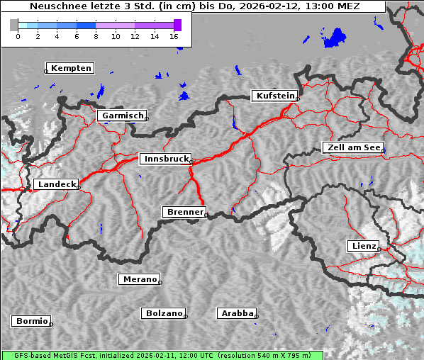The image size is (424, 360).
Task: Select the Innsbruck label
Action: (x=165, y=159)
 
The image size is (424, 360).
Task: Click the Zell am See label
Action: (x=354, y=147)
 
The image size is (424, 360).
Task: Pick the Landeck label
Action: (x=55, y=184)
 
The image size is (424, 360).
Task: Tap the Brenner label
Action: (x=186, y=212)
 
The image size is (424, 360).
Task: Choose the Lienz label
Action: (x=363, y=246)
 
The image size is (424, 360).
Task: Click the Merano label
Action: (x=140, y=279)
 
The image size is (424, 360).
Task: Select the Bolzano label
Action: (x=164, y=313)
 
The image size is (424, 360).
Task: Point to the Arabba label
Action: (x=237, y=313)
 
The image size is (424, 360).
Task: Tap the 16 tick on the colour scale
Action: (x=174, y=35)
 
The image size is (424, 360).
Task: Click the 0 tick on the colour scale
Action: (x=18, y=35)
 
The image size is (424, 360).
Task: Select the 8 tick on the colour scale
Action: (x=96, y=35)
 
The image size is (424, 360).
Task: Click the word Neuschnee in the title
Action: (x=57, y=6)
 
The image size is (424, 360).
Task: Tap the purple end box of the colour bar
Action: (x=177, y=25)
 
